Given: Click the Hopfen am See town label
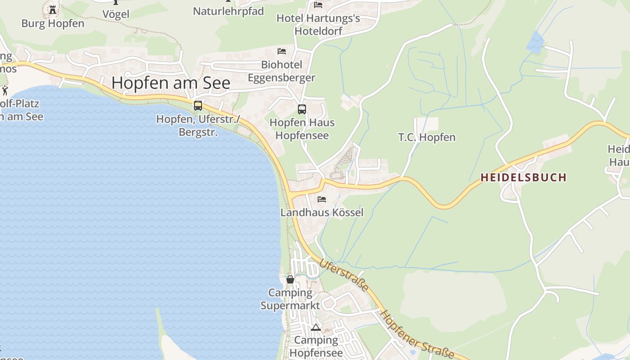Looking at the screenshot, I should pos(171,83).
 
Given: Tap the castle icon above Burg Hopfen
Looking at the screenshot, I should pos(53,9).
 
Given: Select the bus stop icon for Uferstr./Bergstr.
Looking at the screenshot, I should pos(198,106).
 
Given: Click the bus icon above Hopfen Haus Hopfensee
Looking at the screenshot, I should pos(301,109).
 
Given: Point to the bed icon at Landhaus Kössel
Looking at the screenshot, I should pos(322,199).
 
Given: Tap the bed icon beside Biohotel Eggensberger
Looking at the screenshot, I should pos(282,51).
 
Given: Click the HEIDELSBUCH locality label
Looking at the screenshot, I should pos(523,177).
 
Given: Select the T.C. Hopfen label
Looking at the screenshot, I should pos(427,137).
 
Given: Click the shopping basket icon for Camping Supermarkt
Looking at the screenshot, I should pos(290,279).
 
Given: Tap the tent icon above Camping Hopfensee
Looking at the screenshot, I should pos(316,327).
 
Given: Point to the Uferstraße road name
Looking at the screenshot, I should pos(344,274).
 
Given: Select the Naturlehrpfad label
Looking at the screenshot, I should pos(228,11).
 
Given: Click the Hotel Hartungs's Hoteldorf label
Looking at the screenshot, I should pos(318,25).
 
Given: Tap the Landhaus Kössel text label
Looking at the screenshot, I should pos(322,212).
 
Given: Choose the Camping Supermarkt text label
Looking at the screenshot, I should pos(290,299).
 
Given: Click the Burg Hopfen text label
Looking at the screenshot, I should pos(53,23).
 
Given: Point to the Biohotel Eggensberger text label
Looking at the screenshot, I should pos(282,71).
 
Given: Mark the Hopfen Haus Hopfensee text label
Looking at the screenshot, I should pos(302,129).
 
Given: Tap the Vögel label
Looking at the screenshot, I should pos(116,14).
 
